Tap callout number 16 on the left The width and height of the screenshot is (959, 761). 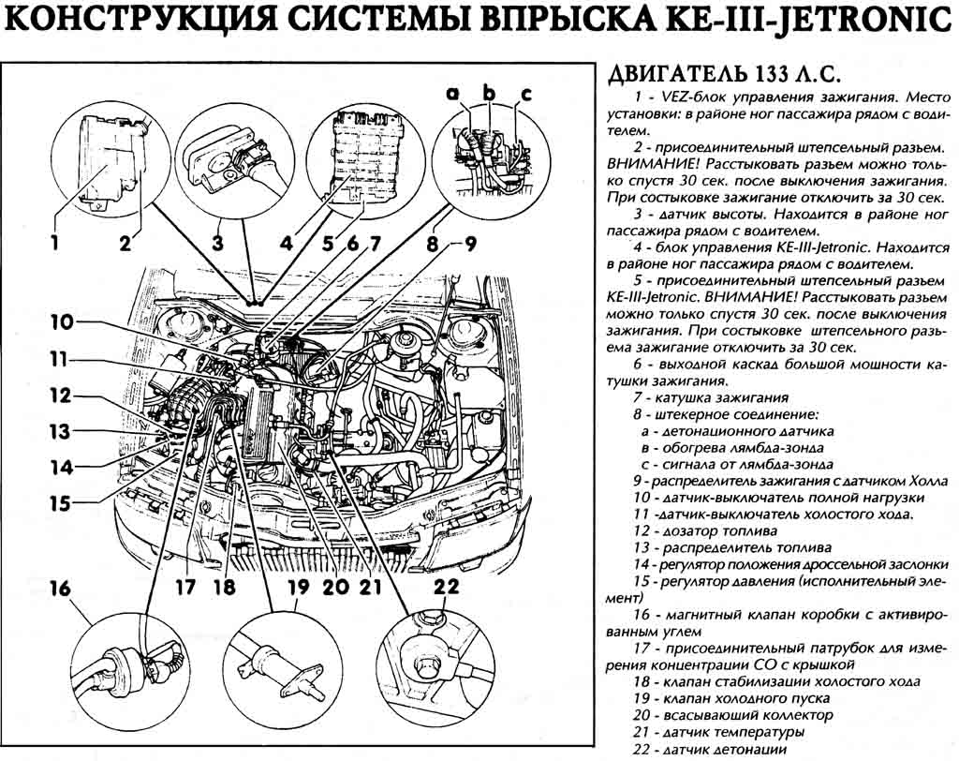(60, 589)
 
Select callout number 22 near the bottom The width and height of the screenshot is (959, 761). (447, 588)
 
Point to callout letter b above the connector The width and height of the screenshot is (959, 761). (488, 92)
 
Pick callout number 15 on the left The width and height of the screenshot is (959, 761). (60, 503)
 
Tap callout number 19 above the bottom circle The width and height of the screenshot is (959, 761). (297, 589)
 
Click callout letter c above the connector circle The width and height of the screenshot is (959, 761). (525, 93)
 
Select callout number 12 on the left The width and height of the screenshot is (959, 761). (60, 395)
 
